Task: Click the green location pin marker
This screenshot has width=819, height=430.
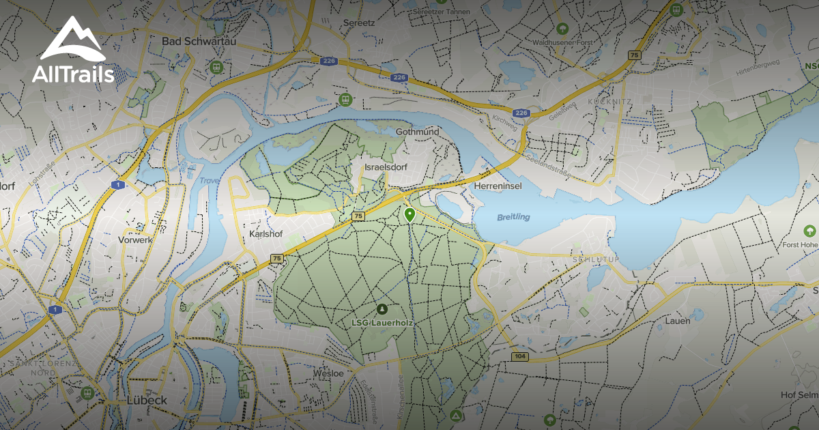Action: (409, 215)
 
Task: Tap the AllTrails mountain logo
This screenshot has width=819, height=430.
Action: (72, 41)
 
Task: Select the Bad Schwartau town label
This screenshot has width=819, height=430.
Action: (193, 42)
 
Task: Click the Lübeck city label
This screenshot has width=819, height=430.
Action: (147, 400)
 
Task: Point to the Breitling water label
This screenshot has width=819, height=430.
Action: (513, 217)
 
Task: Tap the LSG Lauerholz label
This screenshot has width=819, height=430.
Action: (382, 323)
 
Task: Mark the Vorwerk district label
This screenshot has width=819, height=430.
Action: (134, 240)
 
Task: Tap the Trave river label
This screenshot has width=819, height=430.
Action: (210, 182)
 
